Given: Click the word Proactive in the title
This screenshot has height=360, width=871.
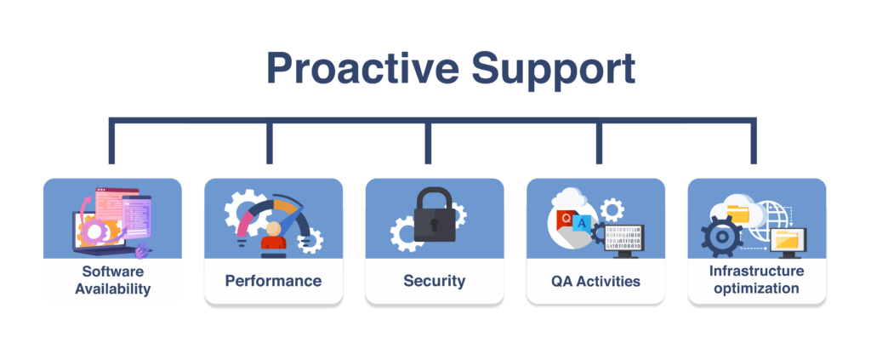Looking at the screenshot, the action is (x=362, y=69).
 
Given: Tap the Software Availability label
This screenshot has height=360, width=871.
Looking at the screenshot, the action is (x=113, y=280).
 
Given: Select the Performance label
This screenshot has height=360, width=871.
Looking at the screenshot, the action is (x=273, y=281).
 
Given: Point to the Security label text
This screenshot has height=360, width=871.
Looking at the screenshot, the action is (x=435, y=281).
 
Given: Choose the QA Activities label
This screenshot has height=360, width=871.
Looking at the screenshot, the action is (x=595, y=281).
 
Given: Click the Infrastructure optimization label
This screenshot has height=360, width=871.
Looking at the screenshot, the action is (x=756, y=280).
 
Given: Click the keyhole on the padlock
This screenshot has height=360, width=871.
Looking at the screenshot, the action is (x=435, y=225).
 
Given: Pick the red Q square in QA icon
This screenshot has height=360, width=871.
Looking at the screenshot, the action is (x=566, y=218).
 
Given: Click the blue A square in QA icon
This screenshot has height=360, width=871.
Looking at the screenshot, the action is (x=582, y=223).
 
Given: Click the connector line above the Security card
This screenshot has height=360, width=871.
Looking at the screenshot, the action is (x=428, y=141).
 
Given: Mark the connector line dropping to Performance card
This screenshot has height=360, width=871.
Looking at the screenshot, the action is (x=270, y=141).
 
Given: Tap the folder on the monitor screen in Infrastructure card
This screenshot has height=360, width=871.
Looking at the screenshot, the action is (x=787, y=239).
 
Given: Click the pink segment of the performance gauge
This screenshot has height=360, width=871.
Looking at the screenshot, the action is (x=243, y=224).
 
